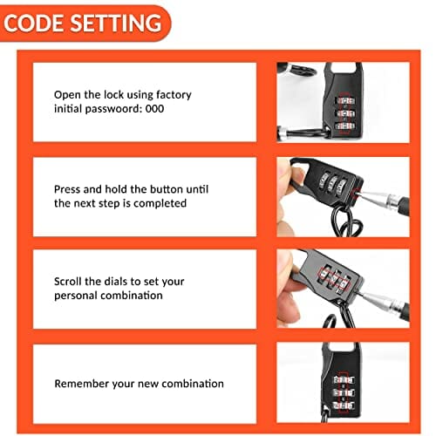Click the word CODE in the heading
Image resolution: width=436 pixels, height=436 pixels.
pos(34,24)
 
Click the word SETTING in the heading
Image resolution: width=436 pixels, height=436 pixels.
pos(116,24)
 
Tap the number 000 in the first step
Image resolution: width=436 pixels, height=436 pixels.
pos(154,109)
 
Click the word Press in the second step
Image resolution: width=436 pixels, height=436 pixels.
pos(67,189)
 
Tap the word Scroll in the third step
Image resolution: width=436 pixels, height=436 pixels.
pos(68,282)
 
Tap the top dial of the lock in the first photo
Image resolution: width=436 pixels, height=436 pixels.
pos(345,101)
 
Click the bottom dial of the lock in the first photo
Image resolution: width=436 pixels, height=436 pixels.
pos(345,126)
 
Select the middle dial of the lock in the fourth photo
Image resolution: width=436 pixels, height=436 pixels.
pos(344,392)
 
